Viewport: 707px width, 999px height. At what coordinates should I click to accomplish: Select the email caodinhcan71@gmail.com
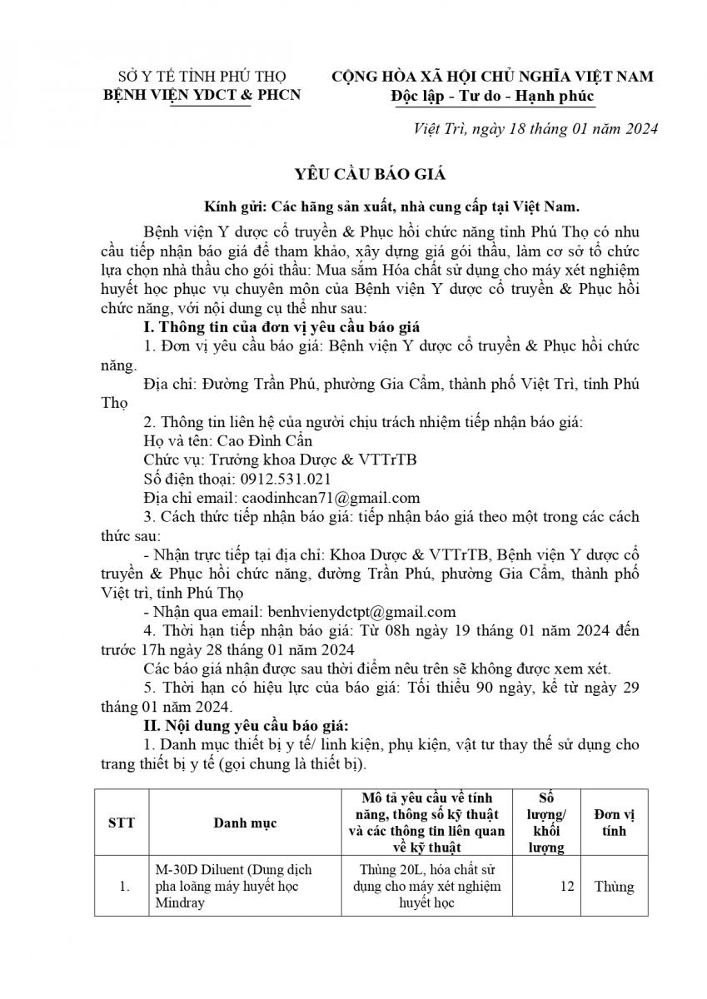[331, 498]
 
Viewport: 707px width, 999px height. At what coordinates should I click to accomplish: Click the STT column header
[122, 822]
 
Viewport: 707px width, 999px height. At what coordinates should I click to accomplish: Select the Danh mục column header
[245, 823]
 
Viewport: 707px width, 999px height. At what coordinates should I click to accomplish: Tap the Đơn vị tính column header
[615, 822]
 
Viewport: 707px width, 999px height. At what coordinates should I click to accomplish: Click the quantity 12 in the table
[567, 887]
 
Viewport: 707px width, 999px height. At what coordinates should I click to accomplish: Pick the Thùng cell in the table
[615, 887]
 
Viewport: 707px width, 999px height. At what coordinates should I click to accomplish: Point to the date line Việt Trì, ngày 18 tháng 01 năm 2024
[536, 129]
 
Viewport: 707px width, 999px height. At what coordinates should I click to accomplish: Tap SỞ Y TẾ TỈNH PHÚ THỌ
[201, 77]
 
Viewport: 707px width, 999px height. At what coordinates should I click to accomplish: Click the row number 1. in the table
[124, 887]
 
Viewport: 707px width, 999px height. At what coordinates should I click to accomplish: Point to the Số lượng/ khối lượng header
[546, 822]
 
